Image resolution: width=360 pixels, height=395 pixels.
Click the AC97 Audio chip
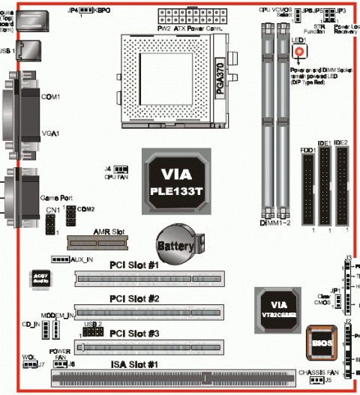tap(40, 278)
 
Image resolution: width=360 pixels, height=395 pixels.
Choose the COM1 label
tap(51, 97)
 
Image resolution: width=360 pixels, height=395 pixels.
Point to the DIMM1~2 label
tap(276, 223)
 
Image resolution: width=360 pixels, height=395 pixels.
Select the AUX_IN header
tap(61, 259)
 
